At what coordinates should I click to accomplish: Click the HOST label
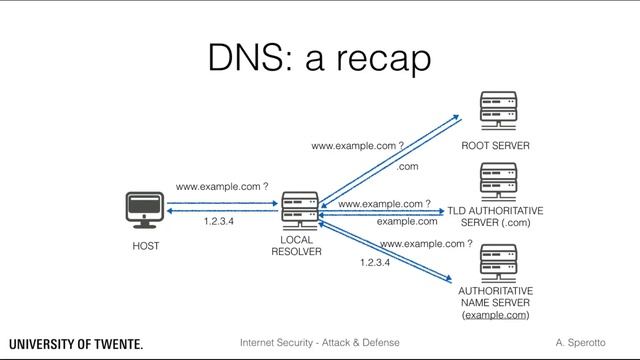(x=146, y=245)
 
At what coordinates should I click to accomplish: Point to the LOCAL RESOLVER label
(x=297, y=246)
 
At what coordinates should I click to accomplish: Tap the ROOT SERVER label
(x=495, y=146)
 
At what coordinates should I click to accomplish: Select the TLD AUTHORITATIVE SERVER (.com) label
(x=495, y=217)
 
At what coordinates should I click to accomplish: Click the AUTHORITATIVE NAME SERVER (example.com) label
(x=495, y=302)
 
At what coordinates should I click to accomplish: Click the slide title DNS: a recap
(x=319, y=57)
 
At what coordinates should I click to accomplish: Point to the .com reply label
(x=407, y=166)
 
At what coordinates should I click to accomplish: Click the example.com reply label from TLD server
(x=407, y=221)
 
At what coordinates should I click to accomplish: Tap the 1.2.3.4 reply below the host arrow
(x=218, y=222)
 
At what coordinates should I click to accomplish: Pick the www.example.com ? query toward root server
(x=357, y=146)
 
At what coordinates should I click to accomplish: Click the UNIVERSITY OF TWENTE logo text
(x=76, y=344)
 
